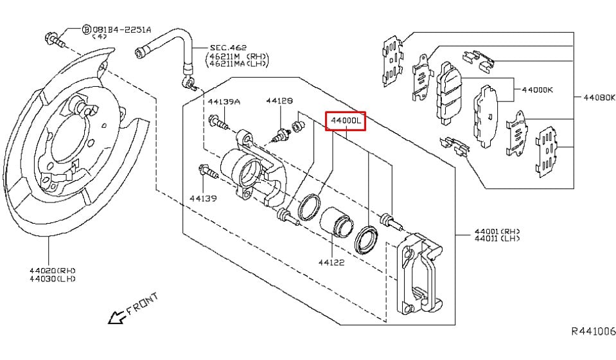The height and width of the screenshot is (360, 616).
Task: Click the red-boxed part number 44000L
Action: [x=346, y=121]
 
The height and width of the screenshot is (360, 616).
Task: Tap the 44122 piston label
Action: [x=331, y=262]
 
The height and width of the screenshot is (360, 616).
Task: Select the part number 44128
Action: [x=279, y=101]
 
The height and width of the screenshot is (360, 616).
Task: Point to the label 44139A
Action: [x=224, y=102]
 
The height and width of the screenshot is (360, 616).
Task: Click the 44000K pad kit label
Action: [x=537, y=89]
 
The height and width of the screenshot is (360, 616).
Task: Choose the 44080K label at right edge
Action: [x=599, y=97]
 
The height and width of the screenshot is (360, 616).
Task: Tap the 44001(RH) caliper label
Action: [x=497, y=231]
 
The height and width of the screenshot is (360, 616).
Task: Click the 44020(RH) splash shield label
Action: [x=52, y=271]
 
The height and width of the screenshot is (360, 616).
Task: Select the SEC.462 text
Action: [x=228, y=48]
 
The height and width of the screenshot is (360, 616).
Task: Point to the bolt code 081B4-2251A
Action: [x=121, y=30]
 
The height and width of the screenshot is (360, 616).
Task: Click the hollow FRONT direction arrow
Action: [x=118, y=316]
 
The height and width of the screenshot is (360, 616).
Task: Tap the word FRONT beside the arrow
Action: [x=143, y=303]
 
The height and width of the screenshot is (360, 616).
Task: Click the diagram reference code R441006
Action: [x=594, y=331]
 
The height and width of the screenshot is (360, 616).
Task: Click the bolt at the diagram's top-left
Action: [x=55, y=40]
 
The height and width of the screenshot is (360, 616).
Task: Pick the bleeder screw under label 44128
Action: [x=281, y=135]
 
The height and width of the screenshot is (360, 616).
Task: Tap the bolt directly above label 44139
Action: [x=208, y=172]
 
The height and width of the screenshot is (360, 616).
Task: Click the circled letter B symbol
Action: [x=86, y=30]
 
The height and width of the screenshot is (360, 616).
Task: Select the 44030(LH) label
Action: [x=52, y=278]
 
